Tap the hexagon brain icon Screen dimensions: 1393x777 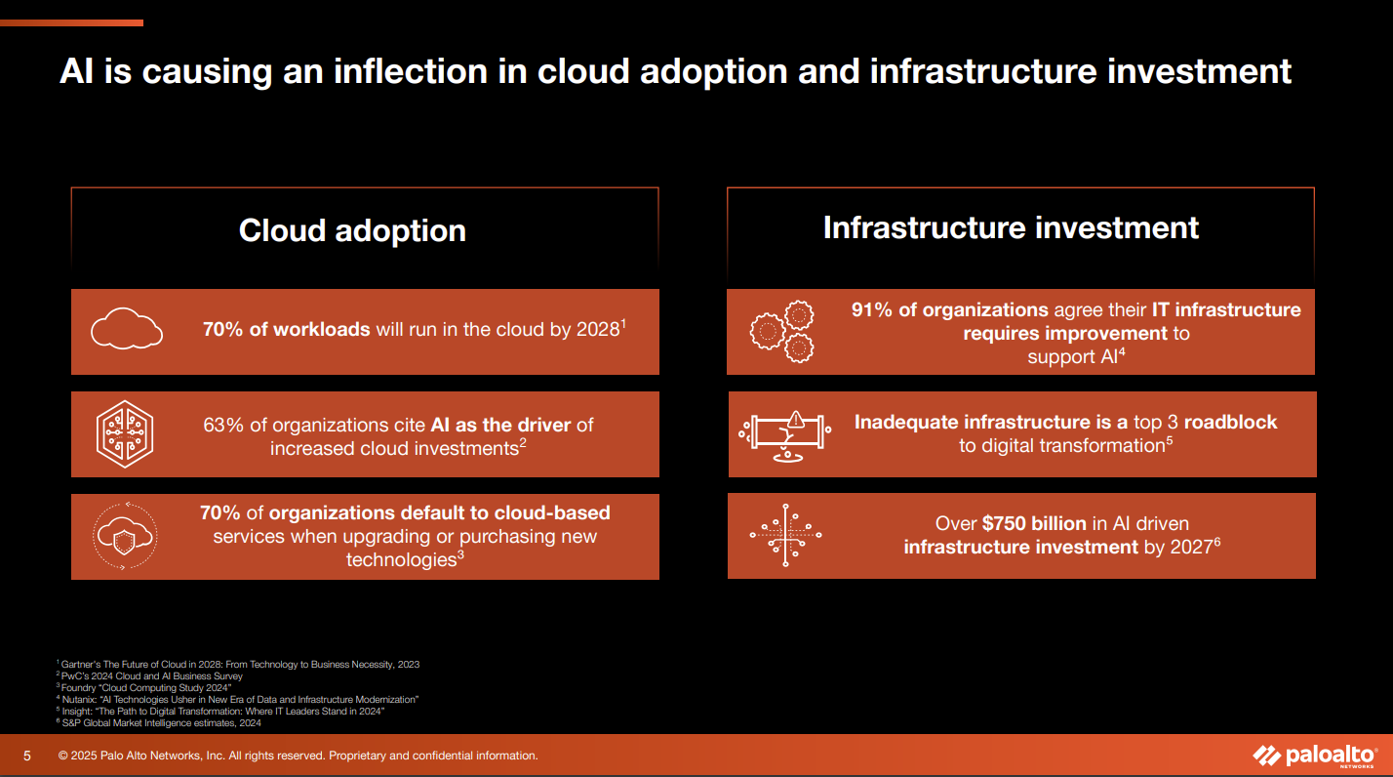tap(125, 433)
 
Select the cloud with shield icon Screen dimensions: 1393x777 tap(125, 536)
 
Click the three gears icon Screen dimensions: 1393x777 tap(782, 332)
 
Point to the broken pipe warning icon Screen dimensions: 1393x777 tap(785, 435)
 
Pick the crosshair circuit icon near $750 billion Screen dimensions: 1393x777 tap(785, 535)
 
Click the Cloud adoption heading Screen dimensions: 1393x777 tap(352, 230)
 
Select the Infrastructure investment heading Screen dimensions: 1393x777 tap(1011, 227)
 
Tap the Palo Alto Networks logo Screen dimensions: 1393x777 tap(1315, 756)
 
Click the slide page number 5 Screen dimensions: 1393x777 tap(26, 756)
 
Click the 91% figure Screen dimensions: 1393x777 tap(872, 309)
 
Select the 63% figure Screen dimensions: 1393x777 tap(223, 425)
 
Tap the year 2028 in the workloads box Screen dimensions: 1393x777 tap(598, 329)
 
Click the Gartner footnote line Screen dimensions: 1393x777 tap(238, 665)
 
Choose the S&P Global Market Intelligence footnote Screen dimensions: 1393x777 tap(159, 723)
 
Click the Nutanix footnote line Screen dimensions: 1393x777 tap(238, 699)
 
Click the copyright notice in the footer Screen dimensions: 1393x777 tap(298, 756)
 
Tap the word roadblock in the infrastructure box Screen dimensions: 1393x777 tap(1230, 423)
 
